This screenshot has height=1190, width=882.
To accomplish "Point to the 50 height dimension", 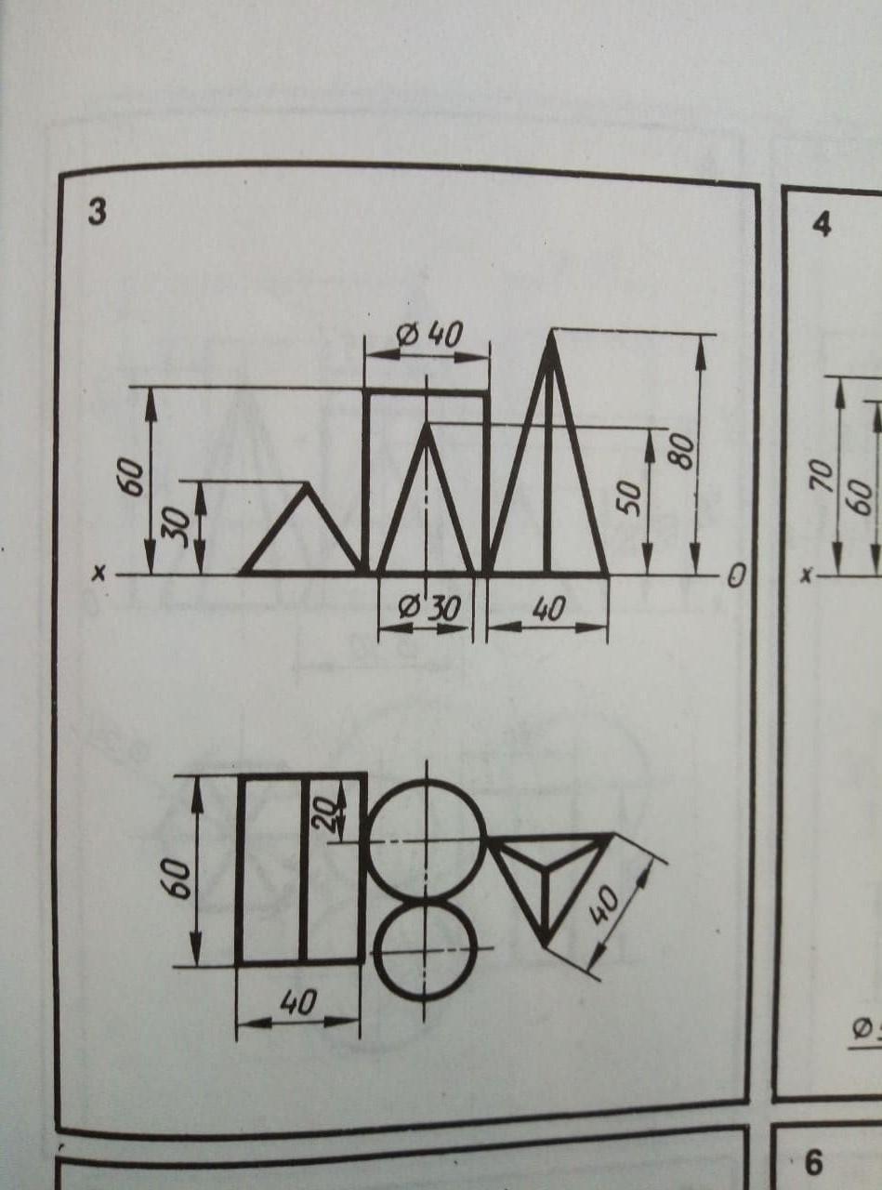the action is click(630, 498).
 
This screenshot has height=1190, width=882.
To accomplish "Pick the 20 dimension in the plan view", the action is click(329, 812).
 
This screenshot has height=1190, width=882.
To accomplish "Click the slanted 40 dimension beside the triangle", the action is click(604, 906).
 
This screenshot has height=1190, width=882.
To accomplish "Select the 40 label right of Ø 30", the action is click(548, 607).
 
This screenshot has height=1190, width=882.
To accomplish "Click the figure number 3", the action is click(97, 214).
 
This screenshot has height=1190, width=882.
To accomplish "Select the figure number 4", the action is click(822, 225).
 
